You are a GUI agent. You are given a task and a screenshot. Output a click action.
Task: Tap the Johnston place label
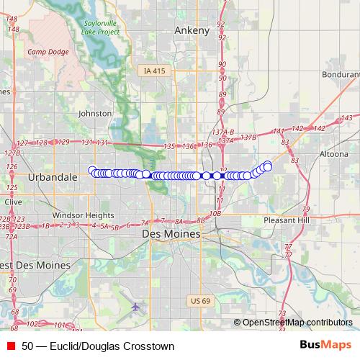[x=95, y=113]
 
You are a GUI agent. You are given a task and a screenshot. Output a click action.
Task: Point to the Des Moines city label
[x=171, y=234]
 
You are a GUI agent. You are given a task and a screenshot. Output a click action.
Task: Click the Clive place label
[x=14, y=203]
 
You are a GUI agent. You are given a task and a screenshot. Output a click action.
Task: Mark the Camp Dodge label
[x=47, y=52]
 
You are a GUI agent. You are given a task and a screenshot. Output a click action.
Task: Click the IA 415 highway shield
[x=153, y=71]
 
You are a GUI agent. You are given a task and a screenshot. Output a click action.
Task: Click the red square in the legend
[x=11, y=346]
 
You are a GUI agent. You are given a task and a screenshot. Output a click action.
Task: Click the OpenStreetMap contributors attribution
[x=297, y=323]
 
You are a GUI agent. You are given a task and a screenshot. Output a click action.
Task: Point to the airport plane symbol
[x=136, y=307]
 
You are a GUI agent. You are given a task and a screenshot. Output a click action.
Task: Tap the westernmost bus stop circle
[x=92, y=170]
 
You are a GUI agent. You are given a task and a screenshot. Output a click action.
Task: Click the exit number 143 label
[x=347, y=117]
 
